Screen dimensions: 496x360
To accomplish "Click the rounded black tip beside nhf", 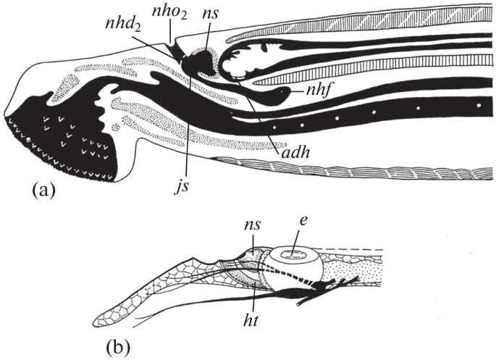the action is tap(291, 92).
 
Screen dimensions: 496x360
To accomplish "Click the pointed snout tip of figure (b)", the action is tap(98, 321).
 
